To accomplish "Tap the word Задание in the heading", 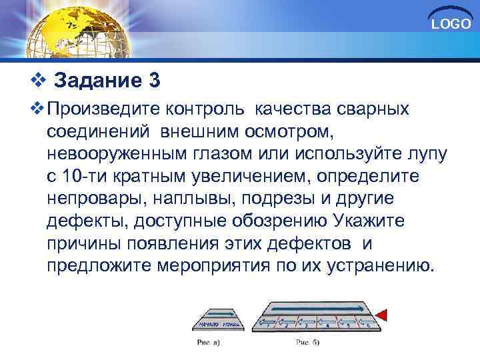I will coord(96,81).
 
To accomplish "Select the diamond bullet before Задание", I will coord(38,81).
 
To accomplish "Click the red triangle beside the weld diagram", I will coord(383,313).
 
